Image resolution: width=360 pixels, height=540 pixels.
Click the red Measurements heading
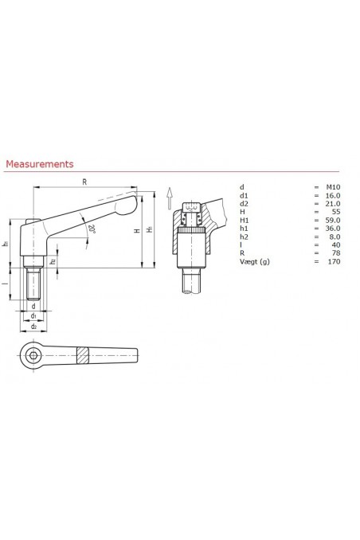click(x=40, y=164)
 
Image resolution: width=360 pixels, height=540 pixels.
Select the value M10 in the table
click(x=333, y=186)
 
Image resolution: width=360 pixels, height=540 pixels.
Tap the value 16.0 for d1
click(x=333, y=194)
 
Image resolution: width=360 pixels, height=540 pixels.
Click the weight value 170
click(x=334, y=261)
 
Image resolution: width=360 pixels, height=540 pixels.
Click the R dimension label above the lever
click(x=84, y=182)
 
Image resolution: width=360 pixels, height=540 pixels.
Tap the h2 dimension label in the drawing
click(x=53, y=261)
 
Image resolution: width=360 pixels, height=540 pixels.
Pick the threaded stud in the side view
click(x=33, y=283)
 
